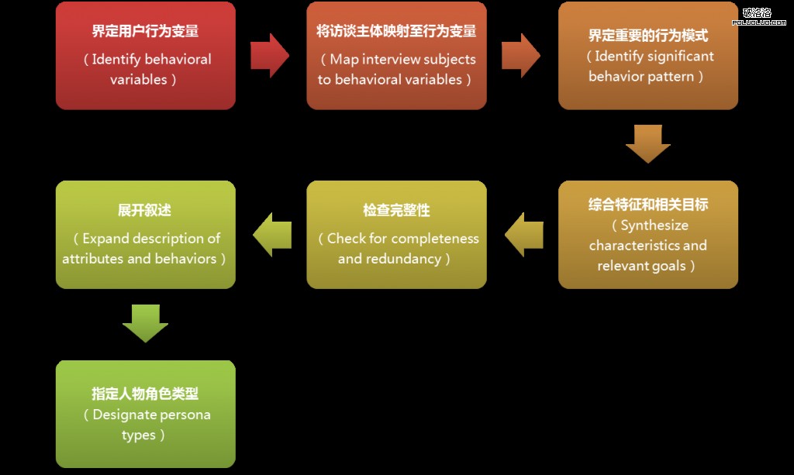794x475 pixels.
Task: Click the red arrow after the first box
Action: [x=269, y=56]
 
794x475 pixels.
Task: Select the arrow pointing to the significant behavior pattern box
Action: [x=520, y=56]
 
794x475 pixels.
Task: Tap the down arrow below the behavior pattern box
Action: [x=648, y=143]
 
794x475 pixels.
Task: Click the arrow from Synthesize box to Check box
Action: [x=524, y=235]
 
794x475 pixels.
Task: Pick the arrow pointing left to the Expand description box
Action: [x=272, y=235]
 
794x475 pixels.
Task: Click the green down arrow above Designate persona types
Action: [x=145, y=323]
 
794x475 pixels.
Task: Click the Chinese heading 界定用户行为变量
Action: [x=145, y=31]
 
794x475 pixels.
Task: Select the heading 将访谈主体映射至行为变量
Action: [x=396, y=31]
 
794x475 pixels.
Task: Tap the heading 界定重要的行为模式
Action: [x=648, y=36]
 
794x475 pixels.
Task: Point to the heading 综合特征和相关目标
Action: [x=648, y=205]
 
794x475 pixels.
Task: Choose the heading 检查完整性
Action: [x=396, y=210]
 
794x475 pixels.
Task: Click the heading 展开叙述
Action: [x=145, y=210]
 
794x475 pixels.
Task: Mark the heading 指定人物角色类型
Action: [x=145, y=394]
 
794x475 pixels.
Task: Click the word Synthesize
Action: [x=654, y=225]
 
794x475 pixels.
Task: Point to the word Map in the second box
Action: [x=344, y=60]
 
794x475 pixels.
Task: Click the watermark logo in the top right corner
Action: [x=758, y=16]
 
